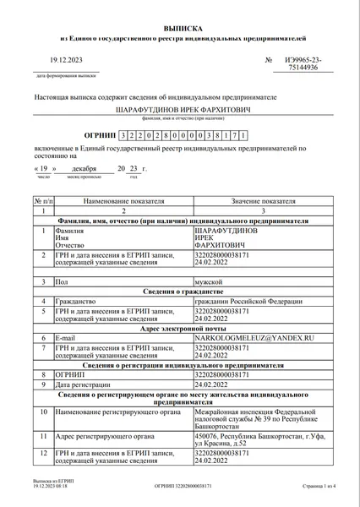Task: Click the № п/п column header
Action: [41, 202]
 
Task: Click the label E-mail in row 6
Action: [68, 337]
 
